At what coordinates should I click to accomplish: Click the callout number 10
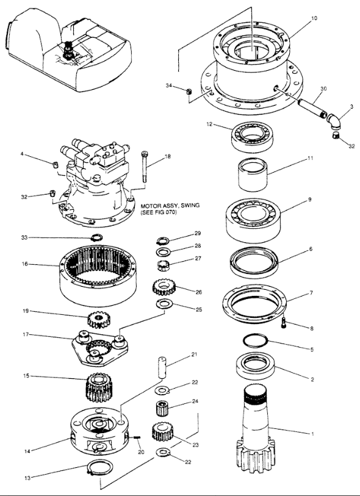[x=314, y=18]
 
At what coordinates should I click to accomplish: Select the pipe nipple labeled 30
[x=311, y=107]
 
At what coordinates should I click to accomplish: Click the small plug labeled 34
[x=189, y=92]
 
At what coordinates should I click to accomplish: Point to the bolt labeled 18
[x=145, y=167]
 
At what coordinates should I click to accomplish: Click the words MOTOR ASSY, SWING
[x=170, y=206]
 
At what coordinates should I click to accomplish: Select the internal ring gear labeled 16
[x=98, y=275]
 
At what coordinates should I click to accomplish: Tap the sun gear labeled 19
[x=98, y=320]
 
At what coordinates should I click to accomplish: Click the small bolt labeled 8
[x=284, y=323]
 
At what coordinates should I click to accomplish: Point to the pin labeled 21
[x=162, y=367]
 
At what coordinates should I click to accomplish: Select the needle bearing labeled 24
[x=162, y=408]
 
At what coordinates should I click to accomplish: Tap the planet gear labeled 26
[x=164, y=287]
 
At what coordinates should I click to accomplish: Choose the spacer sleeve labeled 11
[x=253, y=174]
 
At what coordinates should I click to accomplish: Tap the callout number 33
[x=24, y=237]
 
